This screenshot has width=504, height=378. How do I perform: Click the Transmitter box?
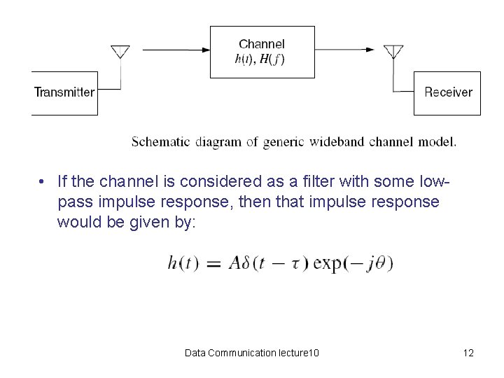coord(64,92)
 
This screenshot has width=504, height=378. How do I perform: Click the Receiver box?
coord(448,92)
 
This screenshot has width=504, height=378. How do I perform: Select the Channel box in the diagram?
coord(262,51)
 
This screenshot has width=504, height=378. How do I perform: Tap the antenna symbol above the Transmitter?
coord(120,52)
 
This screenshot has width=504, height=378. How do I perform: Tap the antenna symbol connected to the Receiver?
coord(394,52)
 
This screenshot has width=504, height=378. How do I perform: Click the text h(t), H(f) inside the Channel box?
coord(260,59)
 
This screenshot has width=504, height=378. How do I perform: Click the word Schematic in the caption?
coord(160,142)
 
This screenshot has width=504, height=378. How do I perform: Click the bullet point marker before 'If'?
coord(43,182)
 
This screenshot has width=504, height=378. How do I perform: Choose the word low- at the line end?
coord(430,182)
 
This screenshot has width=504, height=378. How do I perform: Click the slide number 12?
coord(468,353)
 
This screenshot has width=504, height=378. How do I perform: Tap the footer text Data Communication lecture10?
coord(252,353)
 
